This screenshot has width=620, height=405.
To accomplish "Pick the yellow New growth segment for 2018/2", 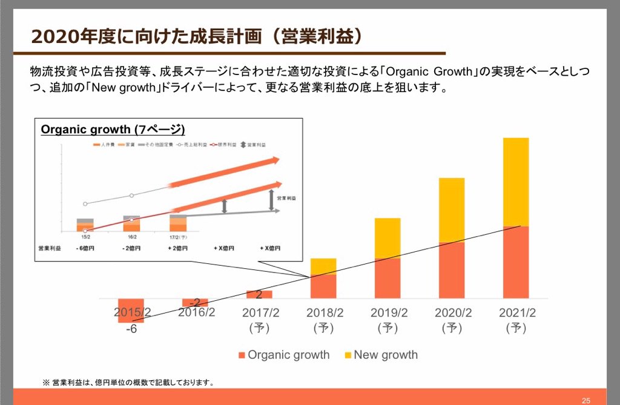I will pyautogui.click(x=323, y=266).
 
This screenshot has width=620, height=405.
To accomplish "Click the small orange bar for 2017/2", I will pyautogui.click(x=259, y=294).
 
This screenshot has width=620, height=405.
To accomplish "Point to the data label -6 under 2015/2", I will pyautogui.click(x=131, y=329).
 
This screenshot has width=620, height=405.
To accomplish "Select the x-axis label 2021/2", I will pyautogui.click(x=518, y=313).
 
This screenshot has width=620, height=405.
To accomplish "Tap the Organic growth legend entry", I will pyautogui.click(x=284, y=355).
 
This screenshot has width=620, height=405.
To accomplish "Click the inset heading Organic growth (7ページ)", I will pyautogui.click(x=113, y=129).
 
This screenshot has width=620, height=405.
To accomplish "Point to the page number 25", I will pyautogui.click(x=586, y=400).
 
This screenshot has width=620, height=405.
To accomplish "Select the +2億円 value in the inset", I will pyautogui.click(x=177, y=248).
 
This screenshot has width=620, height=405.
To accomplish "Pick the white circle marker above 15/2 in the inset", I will pyautogui.click(x=85, y=204).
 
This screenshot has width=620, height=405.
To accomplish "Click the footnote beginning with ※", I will pyautogui.click(x=128, y=383).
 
